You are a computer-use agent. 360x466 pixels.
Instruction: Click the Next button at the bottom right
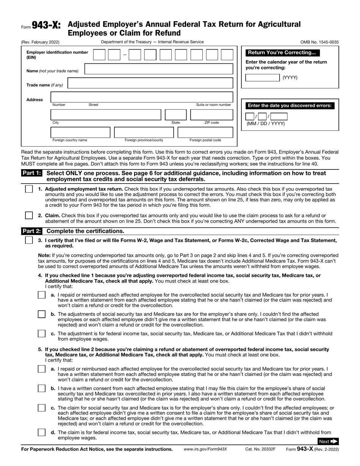(x=328, y=441)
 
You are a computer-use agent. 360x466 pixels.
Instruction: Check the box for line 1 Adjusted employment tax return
(x=29, y=189)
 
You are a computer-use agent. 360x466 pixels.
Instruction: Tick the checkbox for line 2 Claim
(x=29, y=215)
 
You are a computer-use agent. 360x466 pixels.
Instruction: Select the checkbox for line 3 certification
(x=29, y=240)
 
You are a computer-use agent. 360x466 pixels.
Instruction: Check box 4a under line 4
(x=42, y=295)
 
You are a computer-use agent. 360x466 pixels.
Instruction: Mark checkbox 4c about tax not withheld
(x=42, y=334)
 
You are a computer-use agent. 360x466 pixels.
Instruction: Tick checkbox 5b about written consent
(x=42, y=388)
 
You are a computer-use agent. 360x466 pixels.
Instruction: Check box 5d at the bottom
(x=42, y=432)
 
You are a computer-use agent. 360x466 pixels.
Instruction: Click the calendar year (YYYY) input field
(x=263, y=78)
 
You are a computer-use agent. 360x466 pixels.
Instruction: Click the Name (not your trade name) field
(x=158, y=69)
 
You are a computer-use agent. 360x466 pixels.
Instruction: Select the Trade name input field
(x=150, y=83)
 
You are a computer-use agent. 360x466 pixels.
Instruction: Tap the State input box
(x=175, y=115)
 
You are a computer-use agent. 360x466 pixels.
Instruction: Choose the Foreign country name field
(x=80, y=132)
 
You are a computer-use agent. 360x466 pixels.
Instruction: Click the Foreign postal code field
(x=205, y=132)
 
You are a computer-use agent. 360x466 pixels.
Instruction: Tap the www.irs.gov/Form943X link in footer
(x=205, y=449)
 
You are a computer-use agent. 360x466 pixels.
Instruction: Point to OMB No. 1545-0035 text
(x=319, y=42)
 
